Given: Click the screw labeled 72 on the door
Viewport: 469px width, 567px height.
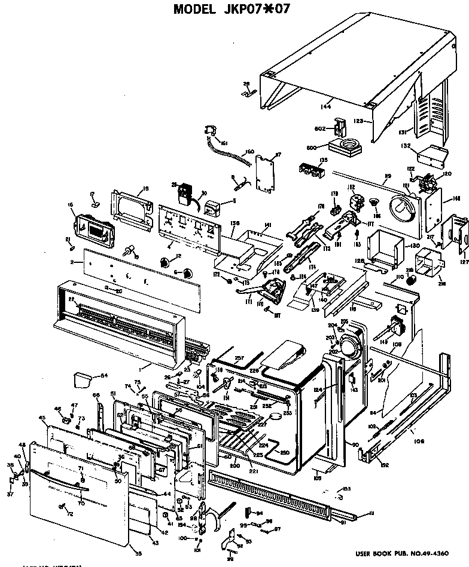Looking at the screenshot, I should pyautogui.click(x=61, y=507).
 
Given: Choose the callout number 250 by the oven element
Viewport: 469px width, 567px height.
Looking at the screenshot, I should pyautogui.click(x=284, y=452).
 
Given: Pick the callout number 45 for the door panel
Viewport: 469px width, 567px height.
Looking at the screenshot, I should pyautogui.click(x=42, y=417).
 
